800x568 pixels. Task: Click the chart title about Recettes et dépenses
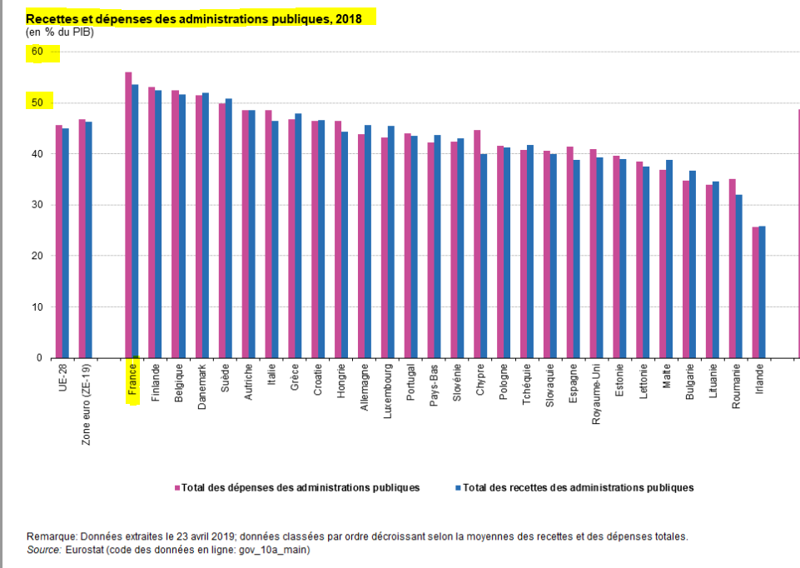(x=194, y=18)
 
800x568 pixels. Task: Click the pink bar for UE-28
(x=58, y=242)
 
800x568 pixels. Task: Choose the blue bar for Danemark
(x=206, y=225)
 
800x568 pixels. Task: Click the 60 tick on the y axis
(x=37, y=52)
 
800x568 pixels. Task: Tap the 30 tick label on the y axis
(x=37, y=205)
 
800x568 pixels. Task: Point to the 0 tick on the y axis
(x=39, y=358)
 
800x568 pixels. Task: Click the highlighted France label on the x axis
(x=132, y=382)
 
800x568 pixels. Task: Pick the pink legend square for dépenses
(x=177, y=488)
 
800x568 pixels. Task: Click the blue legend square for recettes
(x=458, y=488)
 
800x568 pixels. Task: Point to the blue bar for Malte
(x=669, y=259)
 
